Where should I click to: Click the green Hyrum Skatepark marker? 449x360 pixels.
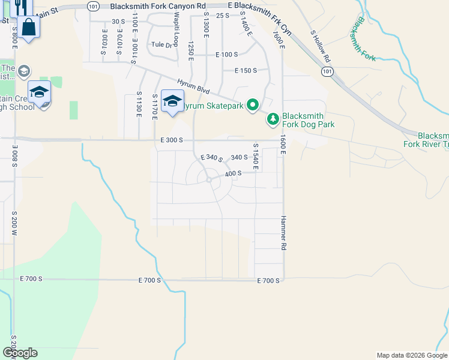click(x=253, y=106)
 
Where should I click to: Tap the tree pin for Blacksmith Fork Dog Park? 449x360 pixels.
click(x=273, y=119)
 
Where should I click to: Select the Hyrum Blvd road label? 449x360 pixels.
click(x=193, y=86)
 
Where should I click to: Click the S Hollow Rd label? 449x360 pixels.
click(x=319, y=47)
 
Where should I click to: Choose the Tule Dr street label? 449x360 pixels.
click(x=161, y=44)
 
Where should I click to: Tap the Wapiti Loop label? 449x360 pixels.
click(x=160, y=26)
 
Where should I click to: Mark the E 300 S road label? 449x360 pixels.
click(x=171, y=140)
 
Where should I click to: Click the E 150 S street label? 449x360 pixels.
click(x=245, y=70)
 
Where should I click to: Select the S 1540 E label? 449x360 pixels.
click(x=256, y=156)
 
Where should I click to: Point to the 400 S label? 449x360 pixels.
click(x=233, y=173)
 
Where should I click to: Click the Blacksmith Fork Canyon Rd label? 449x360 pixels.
click(x=154, y=6)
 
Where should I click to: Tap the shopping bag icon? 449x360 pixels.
click(x=28, y=27)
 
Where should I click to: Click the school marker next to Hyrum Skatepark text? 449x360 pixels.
click(x=172, y=102)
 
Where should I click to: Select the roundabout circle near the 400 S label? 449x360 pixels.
click(x=209, y=179)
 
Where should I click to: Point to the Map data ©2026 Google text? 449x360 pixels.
click(x=412, y=355)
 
